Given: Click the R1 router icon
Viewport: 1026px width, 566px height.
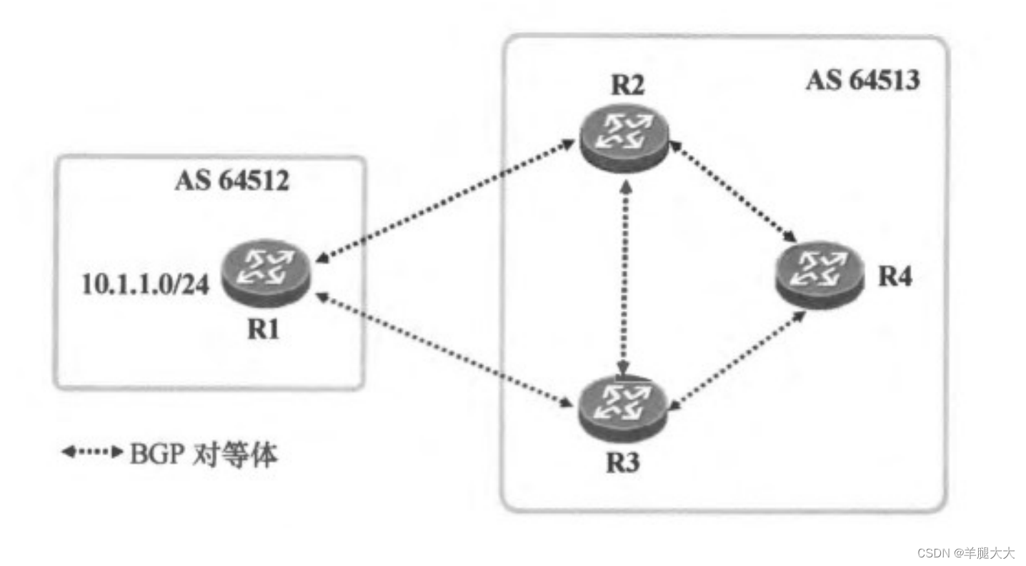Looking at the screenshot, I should coord(264,274).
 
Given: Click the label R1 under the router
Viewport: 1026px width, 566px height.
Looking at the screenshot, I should coord(264,330).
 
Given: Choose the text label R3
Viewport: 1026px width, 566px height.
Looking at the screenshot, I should coord(624,463).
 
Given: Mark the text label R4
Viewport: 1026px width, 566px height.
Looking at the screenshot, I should coord(895,277).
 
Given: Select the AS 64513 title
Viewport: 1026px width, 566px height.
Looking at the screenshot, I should coord(862,81).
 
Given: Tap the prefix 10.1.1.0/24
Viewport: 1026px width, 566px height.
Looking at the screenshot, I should coord(146,284).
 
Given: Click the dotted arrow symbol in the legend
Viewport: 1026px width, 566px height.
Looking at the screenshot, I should coord(92,452).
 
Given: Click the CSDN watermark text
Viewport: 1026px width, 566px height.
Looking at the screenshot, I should coord(965,552).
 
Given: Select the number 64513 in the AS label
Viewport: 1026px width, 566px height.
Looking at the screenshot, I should coord(883,81).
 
